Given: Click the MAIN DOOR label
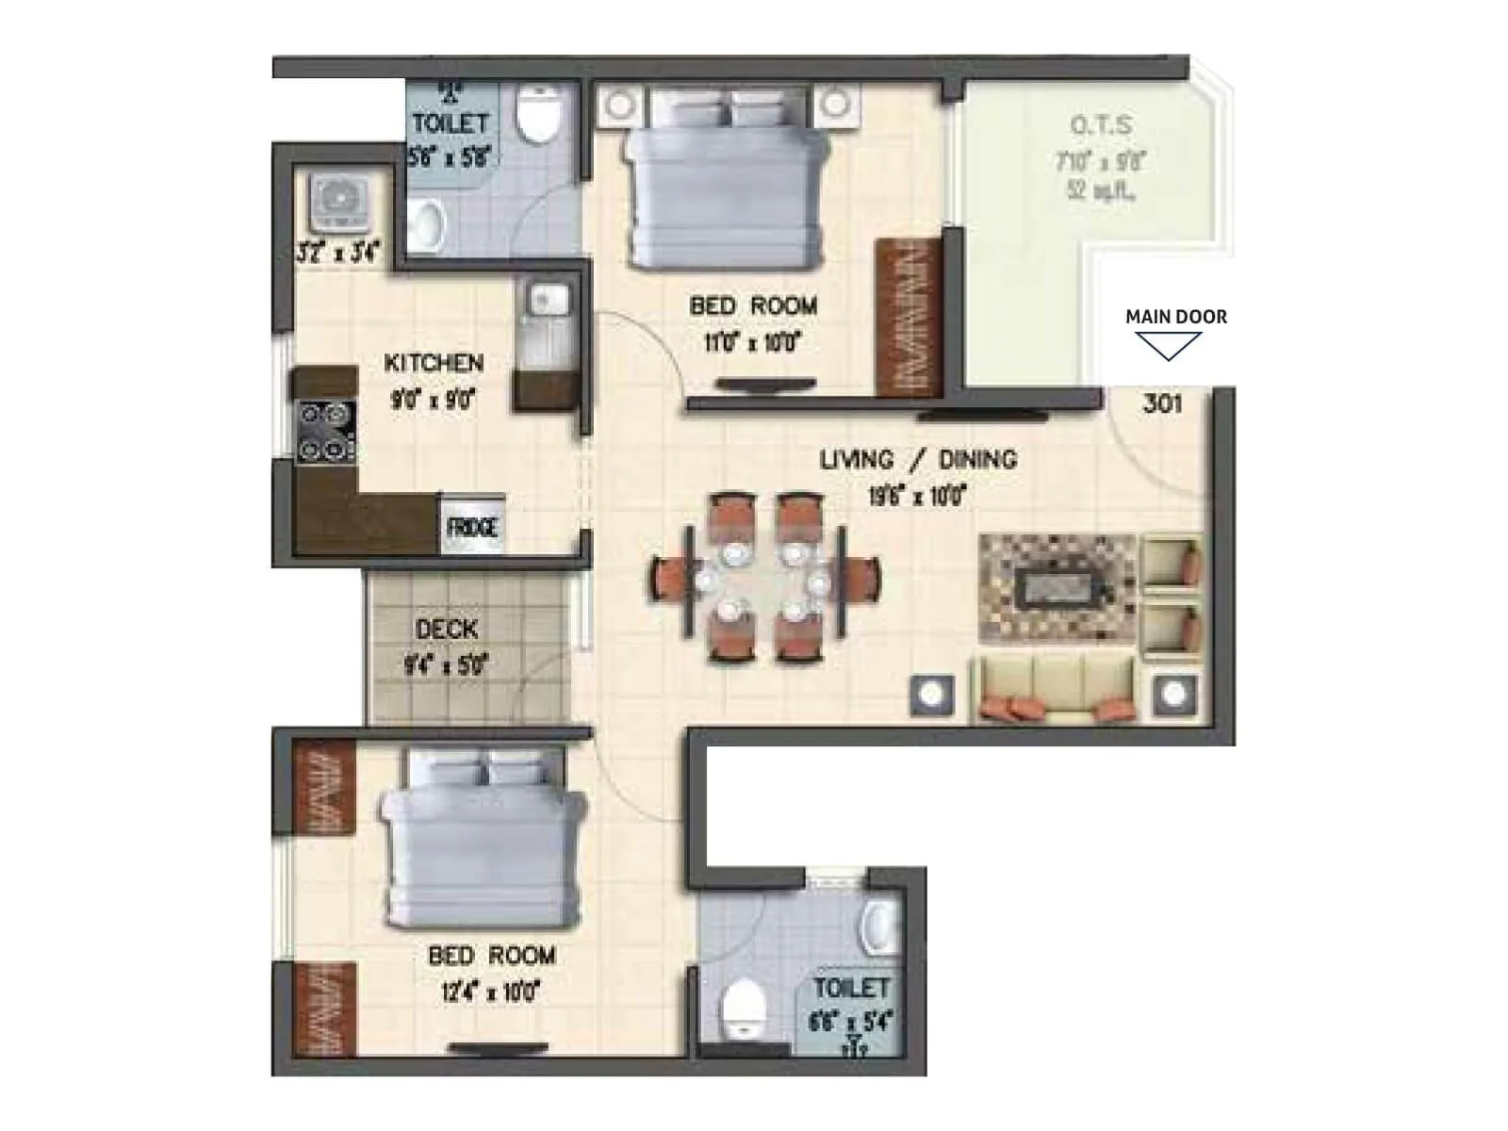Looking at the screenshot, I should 1176,317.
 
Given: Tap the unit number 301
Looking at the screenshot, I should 1161,403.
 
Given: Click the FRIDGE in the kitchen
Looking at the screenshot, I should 471,526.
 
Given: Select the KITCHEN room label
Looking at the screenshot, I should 434,363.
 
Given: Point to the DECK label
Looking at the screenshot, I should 446,629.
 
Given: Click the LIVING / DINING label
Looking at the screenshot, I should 918,460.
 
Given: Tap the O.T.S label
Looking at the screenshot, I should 1101,125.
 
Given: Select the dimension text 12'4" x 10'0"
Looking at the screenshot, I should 489,992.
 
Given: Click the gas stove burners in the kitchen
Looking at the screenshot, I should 325,432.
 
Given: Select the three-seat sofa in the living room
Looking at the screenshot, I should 1055,688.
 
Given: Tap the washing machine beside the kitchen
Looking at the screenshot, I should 336,201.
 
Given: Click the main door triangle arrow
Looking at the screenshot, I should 1168,346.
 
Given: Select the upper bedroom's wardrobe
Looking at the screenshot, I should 909,316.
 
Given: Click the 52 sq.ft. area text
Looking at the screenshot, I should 1100,190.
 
